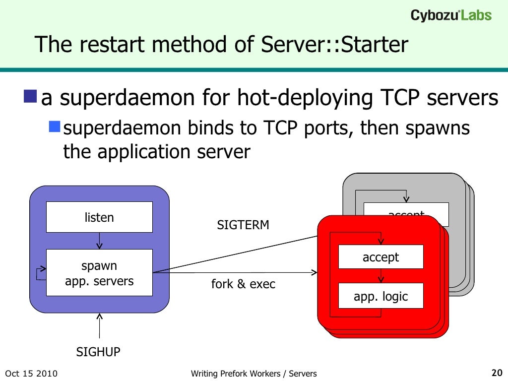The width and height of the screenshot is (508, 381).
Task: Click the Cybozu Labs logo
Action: pyautogui.click(x=451, y=15)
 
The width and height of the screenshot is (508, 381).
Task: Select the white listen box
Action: pyautogui.click(x=99, y=217)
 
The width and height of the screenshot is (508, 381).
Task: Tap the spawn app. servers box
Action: pyautogui.click(x=99, y=272)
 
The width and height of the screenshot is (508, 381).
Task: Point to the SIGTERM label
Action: pyautogui.click(x=243, y=225)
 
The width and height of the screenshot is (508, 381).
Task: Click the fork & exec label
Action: pyautogui.click(x=243, y=284)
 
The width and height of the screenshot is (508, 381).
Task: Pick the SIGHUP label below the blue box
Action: pyautogui.click(x=98, y=352)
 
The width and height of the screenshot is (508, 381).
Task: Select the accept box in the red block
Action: pyautogui.click(x=381, y=257)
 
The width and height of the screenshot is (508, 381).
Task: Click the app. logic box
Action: pyautogui.click(x=381, y=296)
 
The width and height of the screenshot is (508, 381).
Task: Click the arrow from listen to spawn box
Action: pyautogui.click(x=100, y=241)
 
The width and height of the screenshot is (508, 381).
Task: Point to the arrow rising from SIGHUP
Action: pyautogui.click(x=100, y=327)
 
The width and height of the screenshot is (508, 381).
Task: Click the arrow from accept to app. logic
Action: pyautogui.click(x=381, y=276)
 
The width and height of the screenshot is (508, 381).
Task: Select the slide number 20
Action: pyautogui.click(x=497, y=373)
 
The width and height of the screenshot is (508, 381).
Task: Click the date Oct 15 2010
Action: pyautogui.click(x=31, y=374)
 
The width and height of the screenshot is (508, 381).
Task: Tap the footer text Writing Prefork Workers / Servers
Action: pyautogui.click(x=254, y=374)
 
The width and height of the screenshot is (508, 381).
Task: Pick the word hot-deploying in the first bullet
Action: pyautogui.click(x=305, y=99)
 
